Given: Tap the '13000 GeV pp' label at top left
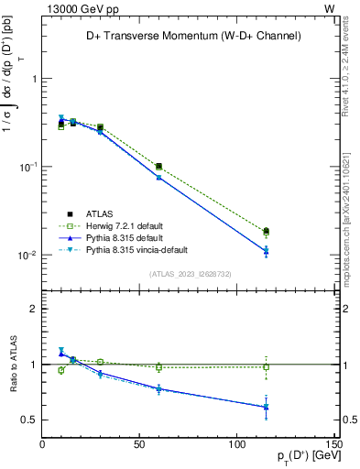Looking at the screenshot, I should point(77,8).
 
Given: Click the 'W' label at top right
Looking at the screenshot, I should point(329,8).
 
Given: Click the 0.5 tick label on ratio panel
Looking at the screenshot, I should point(28,420).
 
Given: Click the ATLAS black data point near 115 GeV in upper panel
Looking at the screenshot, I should point(266,231).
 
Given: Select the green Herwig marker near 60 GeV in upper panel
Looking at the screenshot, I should point(159,167).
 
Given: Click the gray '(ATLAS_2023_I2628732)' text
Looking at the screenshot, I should point(190,273).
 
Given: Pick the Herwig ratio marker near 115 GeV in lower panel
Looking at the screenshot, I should point(266,367).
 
